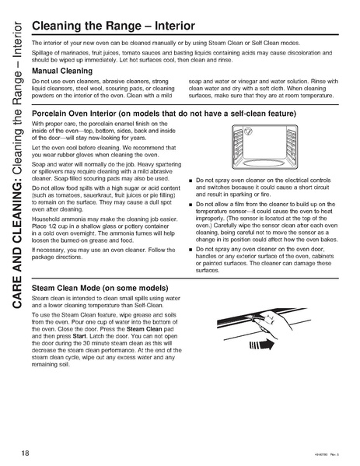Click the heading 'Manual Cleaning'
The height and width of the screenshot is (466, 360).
pos(62,70)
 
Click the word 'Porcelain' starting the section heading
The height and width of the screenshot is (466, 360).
pos(52,113)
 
